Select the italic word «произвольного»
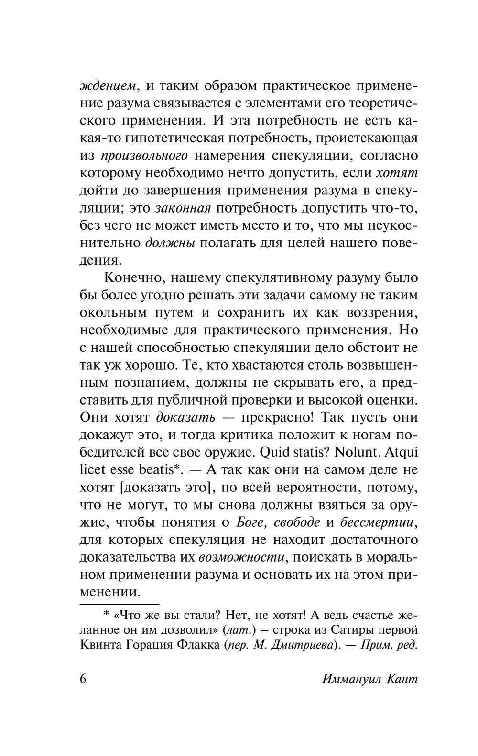144,156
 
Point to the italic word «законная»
184,208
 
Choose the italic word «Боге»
252,522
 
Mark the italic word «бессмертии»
378,522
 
